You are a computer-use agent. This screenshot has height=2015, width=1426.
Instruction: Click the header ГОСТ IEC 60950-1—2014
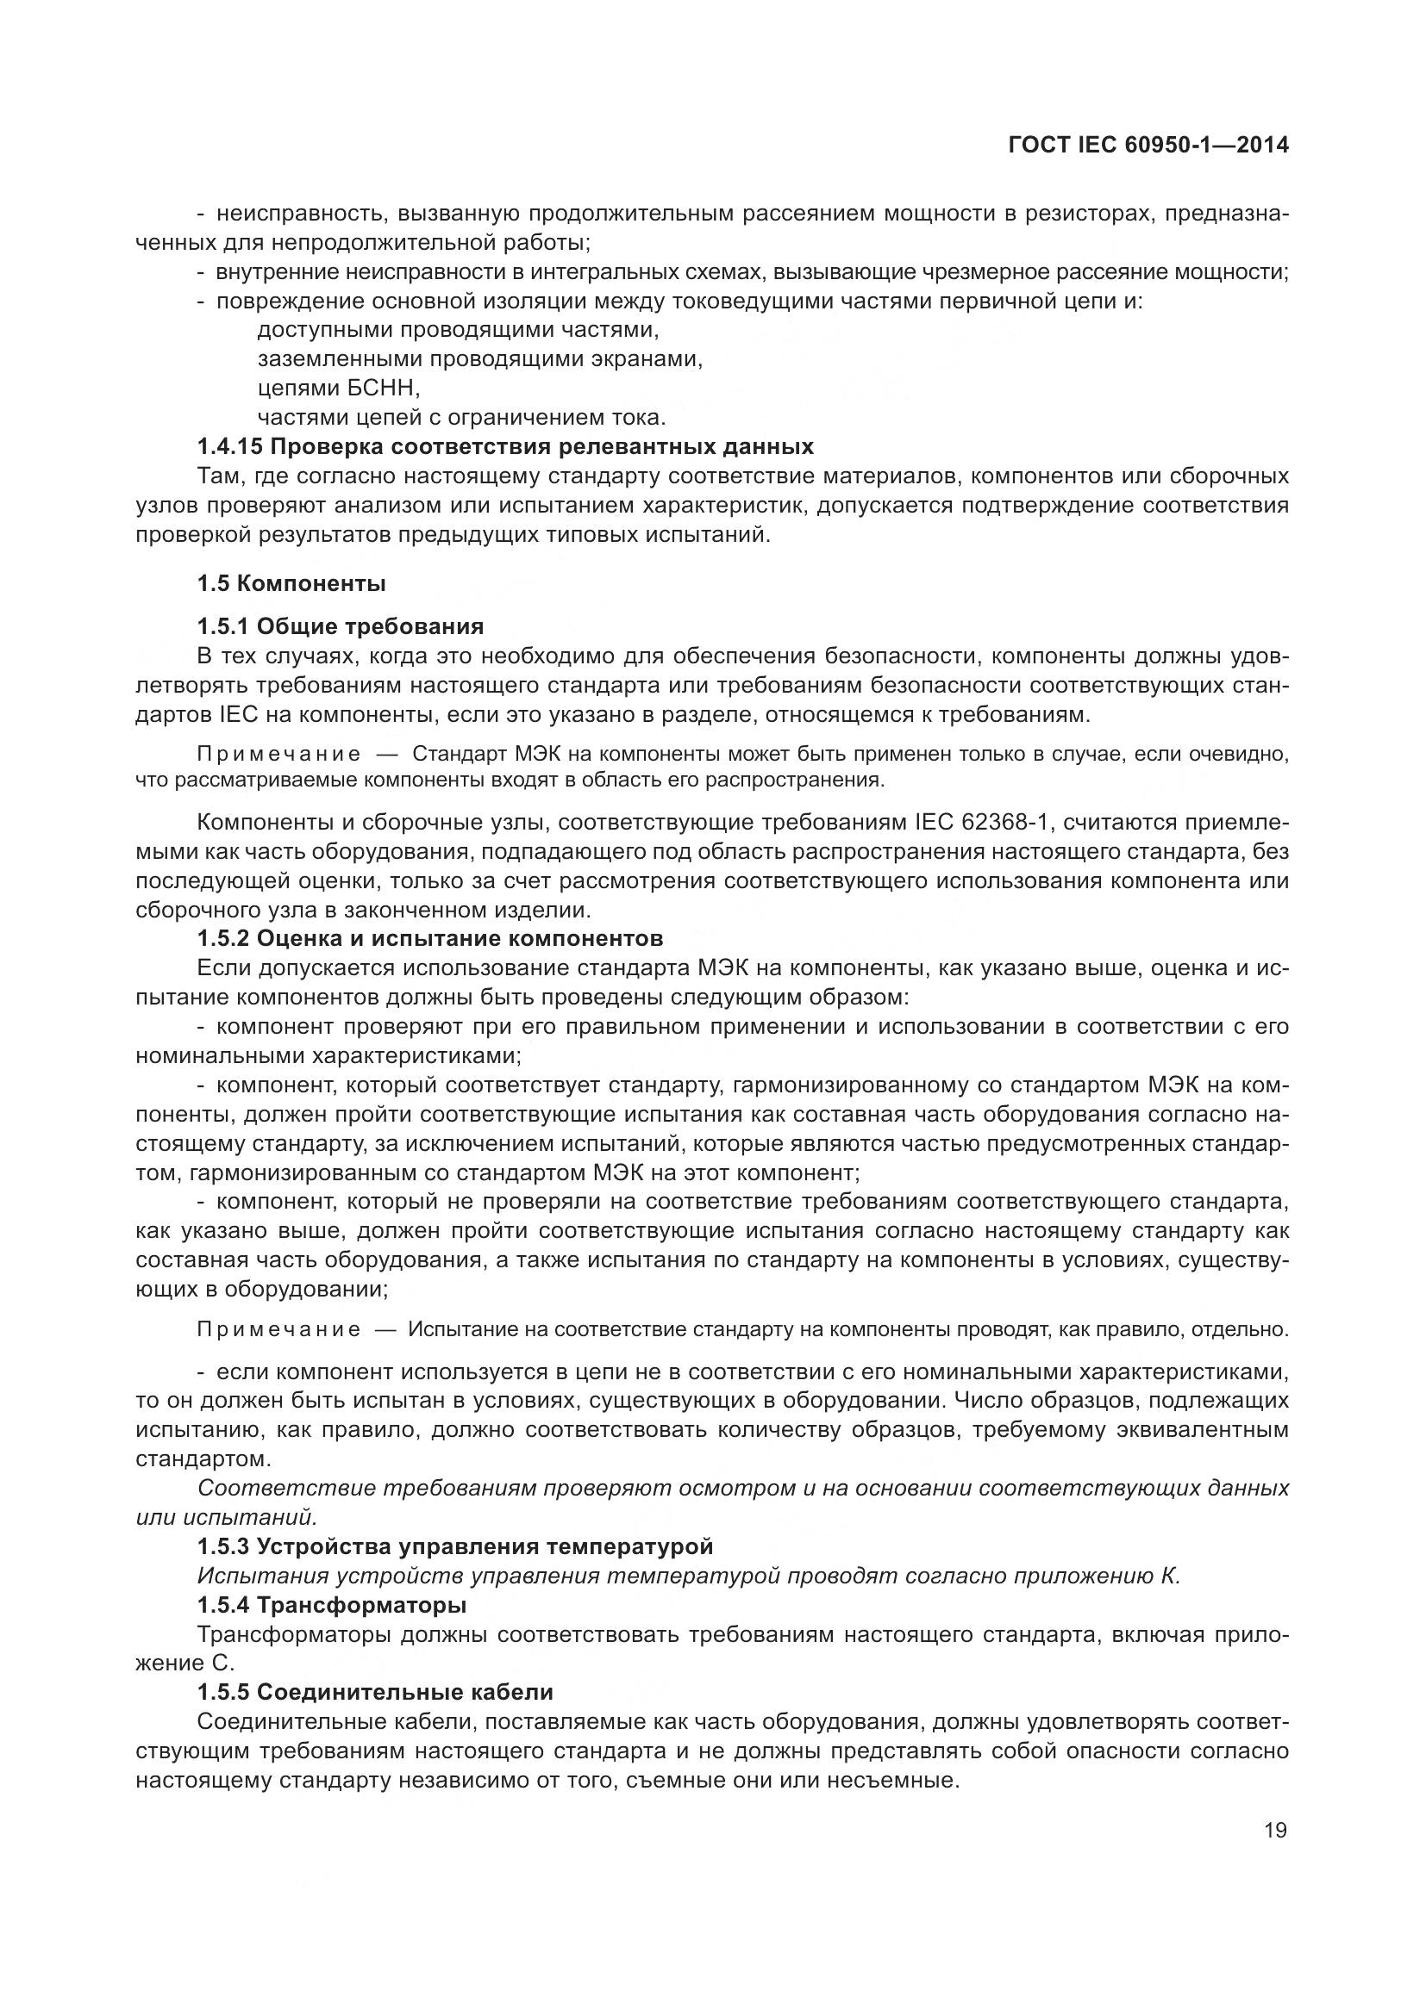1148,146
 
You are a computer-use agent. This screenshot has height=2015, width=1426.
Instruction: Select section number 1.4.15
230,447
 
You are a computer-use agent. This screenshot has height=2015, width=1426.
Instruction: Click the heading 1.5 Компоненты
291,582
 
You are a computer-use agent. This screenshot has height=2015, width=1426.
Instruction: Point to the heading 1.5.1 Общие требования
341,626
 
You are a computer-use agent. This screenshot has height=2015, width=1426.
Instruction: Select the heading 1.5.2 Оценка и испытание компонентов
430,938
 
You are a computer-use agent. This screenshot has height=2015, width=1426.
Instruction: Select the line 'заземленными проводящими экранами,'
480,359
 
